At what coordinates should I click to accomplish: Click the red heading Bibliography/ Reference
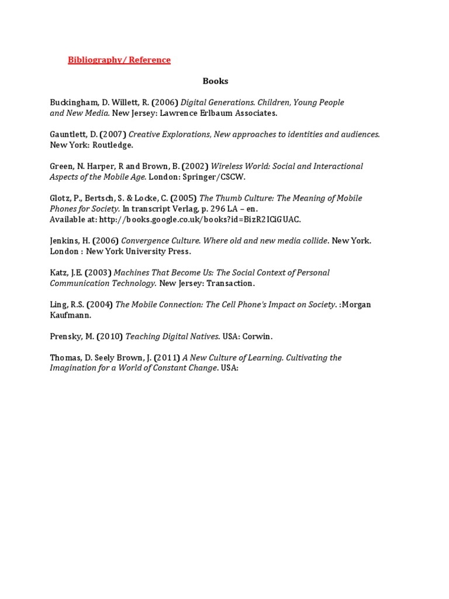pos(119,60)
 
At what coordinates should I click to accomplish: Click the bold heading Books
pos(216,81)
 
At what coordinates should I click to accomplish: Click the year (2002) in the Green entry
pos(195,167)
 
